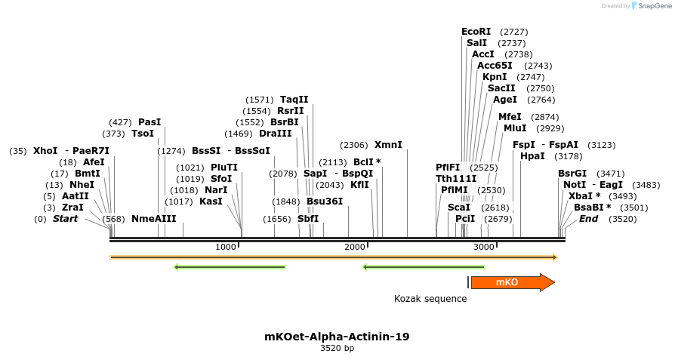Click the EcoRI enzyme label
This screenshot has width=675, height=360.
tap(476, 32)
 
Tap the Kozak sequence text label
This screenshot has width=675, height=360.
tap(430, 299)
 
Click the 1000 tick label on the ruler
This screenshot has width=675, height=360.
tap(225, 248)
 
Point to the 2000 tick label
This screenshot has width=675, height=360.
tap(354, 248)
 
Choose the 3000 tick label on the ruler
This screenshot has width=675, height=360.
tap(483, 248)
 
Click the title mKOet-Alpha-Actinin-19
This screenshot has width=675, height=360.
tap(337, 337)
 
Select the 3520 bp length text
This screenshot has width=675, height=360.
tap(337, 349)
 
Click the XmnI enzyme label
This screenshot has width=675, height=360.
tap(388, 145)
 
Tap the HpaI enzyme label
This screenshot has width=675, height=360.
tap(532, 156)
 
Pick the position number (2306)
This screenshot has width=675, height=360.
tap(354, 145)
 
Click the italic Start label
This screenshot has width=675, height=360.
tap(65, 219)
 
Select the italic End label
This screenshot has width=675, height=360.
tap(588, 219)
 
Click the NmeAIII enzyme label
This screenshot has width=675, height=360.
tap(153, 219)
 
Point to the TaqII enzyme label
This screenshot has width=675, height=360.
tap(294, 100)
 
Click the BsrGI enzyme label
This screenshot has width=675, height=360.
tap(572, 174)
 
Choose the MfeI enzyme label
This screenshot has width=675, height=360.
tap(510, 117)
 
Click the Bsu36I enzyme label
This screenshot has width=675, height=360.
tap(325, 202)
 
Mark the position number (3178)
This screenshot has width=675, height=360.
tap(568, 156)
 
